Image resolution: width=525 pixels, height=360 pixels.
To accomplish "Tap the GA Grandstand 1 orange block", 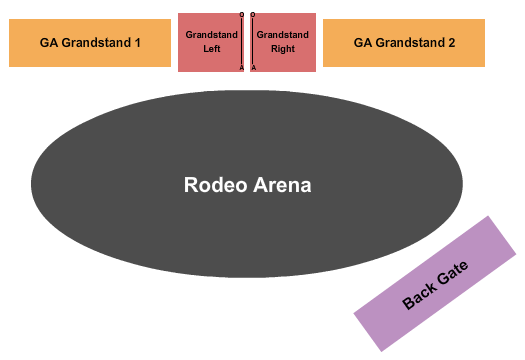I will click(90, 43).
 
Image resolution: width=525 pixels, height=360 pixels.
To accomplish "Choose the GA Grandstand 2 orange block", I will click(404, 43).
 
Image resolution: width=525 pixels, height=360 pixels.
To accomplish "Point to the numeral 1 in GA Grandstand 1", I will click(137, 43).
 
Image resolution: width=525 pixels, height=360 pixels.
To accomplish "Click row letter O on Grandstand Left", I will click(242, 15).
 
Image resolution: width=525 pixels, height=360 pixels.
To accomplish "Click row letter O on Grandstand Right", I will click(252, 15).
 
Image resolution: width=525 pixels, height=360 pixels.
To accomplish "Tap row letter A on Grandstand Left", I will click(242, 68).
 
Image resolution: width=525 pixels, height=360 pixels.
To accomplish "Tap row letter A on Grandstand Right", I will click(253, 68).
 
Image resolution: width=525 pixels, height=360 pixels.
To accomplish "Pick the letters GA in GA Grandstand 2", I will click(362, 43).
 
